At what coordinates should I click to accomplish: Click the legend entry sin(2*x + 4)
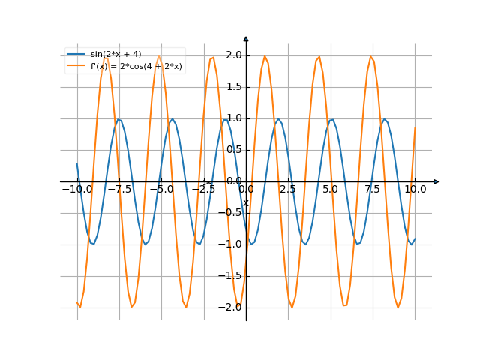pyautogui.click(x=115, y=54)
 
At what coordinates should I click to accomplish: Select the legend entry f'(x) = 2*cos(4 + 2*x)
pyautogui.click(x=136, y=66)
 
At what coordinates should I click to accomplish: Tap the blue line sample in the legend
pyautogui.click(x=76, y=54)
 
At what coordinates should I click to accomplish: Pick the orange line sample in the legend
pyautogui.click(x=76, y=66)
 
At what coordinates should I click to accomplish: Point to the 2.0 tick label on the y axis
pyautogui.click(x=233, y=55)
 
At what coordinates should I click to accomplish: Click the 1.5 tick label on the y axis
pyautogui.click(x=233, y=87)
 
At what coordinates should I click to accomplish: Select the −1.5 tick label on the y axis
pyautogui.click(x=231, y=275)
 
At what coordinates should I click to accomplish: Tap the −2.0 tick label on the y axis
pyautogui.click(x=231, y=307)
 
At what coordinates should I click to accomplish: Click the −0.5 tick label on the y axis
pyautogui.click(x=231, y=212)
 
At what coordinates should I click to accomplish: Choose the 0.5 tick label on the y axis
pyautogui.click(x=233, y=150)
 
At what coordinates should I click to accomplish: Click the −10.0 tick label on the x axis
pyautogui.click(x=76, y=190)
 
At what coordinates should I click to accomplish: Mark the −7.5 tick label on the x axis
pyautogui.click(x=119, y=190)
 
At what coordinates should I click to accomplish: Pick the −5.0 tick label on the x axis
pyautogui.click(x=161, y=190)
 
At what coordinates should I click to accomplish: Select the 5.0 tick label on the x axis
pyautogui.click(x=330, y=190)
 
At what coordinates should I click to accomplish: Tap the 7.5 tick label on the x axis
pyautogui.click(x=373, y=190)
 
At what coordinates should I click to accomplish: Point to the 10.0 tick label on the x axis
pyautogui.click(x=415, y=190)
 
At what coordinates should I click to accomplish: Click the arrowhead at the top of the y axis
pyautogui.click(x=246, y=37)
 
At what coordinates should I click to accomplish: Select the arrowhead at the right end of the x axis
pyautogui.click(x=436, y=181)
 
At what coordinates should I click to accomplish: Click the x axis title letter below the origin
pyautogui.click(x=245, y=203)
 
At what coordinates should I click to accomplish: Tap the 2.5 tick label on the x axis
pyautogui.click(x=288, y=190)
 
